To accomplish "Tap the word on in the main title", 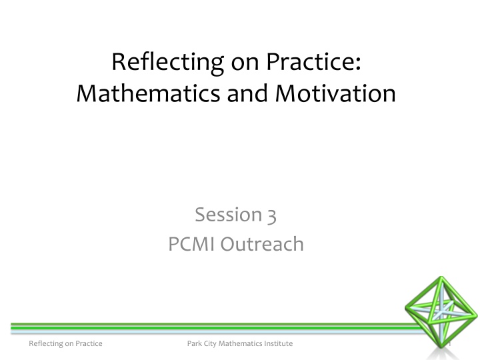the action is pyautogui.click(x=245, y=64).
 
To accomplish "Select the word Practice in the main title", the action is pyautogui.click(x=310, y=61).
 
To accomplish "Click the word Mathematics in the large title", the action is pyautogui.click(x=148, y=93).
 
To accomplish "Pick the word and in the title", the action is pyautogui.click(x=247, y=93).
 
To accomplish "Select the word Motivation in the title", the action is pyautogui.click(x=335, y=93).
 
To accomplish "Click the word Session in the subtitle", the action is pyautogui.click(x=229, y=214).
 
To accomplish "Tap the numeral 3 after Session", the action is pyautogui.click(x=271, y=216).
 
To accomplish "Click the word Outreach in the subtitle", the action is pyautogui.click(x=262, y=244).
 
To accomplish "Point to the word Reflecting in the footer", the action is pyautogui.click(x=45, y=344).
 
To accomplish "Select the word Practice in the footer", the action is pyautogui.click(x=89, y=343).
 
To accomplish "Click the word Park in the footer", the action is pyautogui.click(x=194, y=343).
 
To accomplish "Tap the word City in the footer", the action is pyautogui.click(x=210, y=344).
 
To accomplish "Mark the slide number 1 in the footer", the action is pyautogui.click(x=450, y=344).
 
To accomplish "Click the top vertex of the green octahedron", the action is pyautogui.click(x=441, y=277).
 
